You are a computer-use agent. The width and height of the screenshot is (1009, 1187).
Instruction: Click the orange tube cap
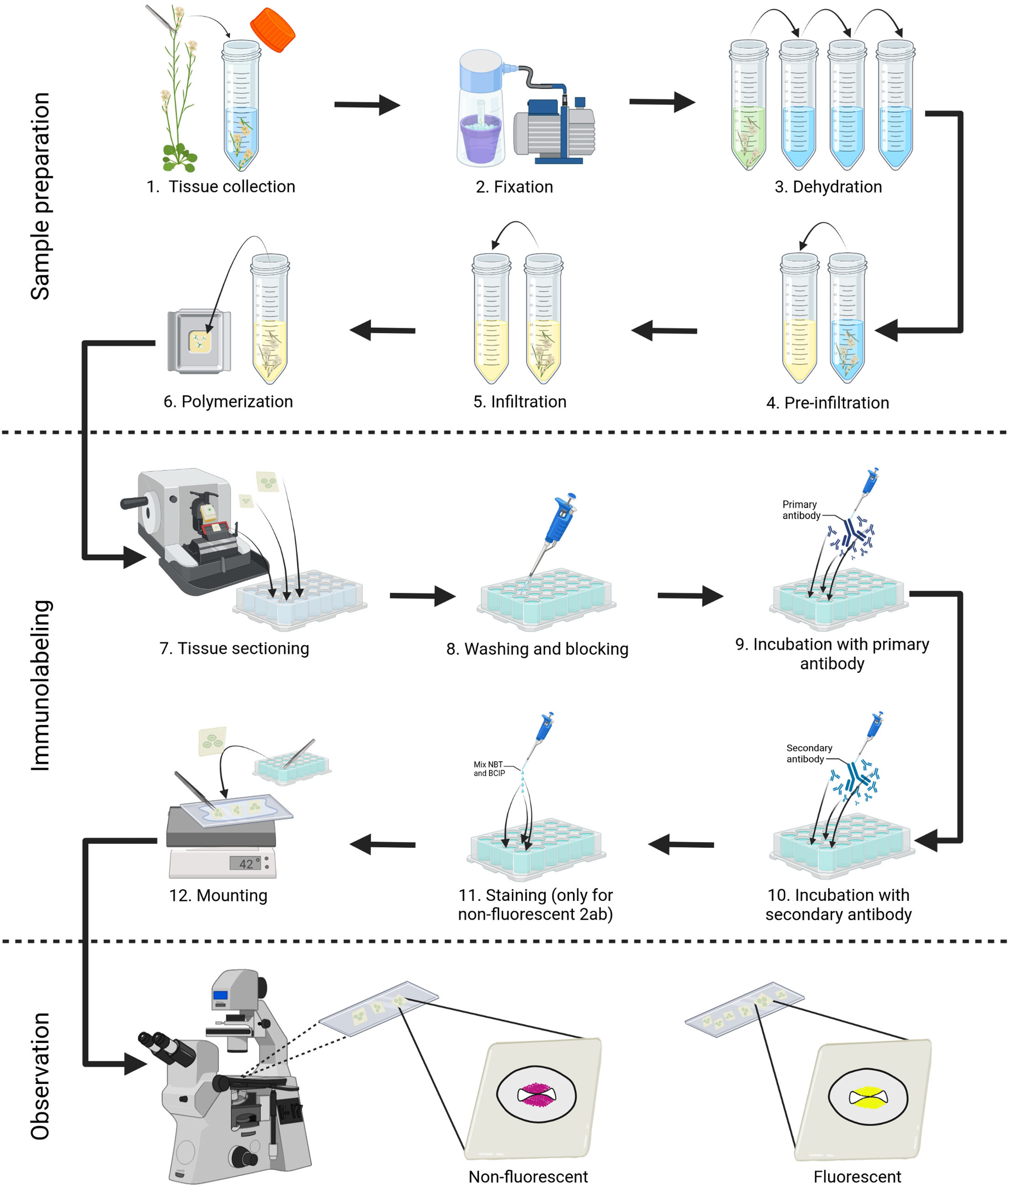[272, 30]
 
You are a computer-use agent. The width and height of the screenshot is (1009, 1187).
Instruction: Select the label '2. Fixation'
[514, 187]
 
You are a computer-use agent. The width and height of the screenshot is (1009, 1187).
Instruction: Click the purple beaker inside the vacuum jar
[482, 139]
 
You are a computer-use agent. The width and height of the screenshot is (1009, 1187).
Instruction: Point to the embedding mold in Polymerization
[199, 341]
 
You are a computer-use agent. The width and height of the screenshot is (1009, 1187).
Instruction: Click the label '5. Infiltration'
[520, 402]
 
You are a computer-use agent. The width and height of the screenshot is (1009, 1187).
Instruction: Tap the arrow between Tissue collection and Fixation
[366, 105]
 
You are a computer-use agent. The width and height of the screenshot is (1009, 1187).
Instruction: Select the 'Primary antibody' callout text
[800, 510]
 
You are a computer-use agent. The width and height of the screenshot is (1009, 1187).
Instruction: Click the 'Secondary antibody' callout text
[808, 753]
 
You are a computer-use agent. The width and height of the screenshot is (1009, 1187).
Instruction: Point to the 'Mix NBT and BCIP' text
[489, 768]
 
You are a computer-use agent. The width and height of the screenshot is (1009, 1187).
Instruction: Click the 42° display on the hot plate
[246, 863]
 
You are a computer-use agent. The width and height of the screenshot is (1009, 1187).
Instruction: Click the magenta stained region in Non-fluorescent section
[536, 1095]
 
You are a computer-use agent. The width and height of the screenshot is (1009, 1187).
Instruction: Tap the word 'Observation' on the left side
[40, 1075]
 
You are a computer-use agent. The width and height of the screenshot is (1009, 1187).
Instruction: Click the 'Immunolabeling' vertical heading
[40, 685]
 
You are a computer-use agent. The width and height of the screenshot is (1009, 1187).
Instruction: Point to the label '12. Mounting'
[218, 895]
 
